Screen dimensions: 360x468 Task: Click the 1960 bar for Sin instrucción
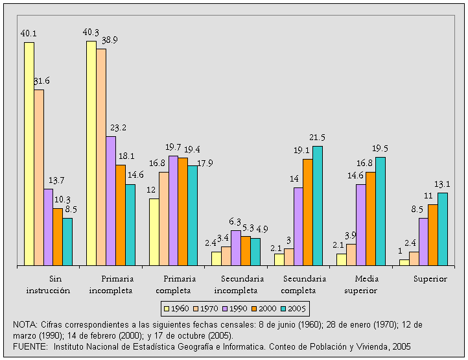tap(29, 154)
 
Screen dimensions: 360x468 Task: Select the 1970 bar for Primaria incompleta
tap(101, 157)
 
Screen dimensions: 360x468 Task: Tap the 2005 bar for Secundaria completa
tap(317, 206)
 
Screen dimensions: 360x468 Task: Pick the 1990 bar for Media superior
tap(360, 224)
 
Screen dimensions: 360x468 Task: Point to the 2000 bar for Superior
tap(432, 234)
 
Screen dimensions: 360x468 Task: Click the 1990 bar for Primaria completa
tap(173, 210)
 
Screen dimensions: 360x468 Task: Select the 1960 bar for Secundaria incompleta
tap(216, 258)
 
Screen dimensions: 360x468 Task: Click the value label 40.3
tap(91, 32)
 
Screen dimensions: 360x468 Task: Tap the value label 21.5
tap(317, 138)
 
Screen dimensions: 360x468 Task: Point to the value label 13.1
tap(442, 184)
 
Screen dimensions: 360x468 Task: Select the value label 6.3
tap(235, 222)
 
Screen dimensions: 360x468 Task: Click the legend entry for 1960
tap(177, 307)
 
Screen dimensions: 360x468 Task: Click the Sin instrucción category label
tap(48, 284)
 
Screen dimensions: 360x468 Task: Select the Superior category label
tap(430, 278)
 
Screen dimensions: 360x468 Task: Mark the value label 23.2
tap(119, 128)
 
